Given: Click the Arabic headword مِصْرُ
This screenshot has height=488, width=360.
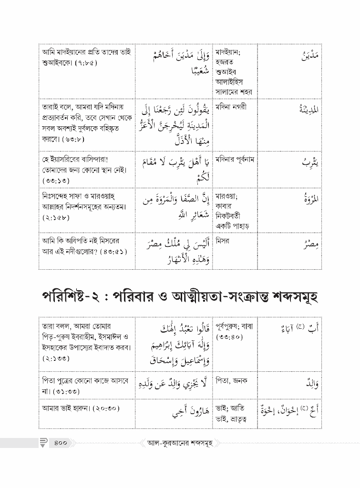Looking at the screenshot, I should coord(310,244).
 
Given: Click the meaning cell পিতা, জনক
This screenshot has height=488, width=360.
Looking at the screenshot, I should coord(232,381).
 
